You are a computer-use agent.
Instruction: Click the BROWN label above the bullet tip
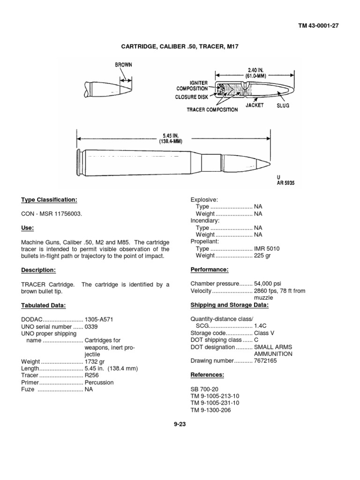click(x=124, y=65)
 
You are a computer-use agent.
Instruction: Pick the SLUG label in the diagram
click(x=283, y=106)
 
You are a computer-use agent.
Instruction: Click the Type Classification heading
click(x=49, y=200)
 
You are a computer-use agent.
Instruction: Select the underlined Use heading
click(x=28, y=228)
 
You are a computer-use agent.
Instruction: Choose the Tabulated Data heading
click(x=44, y=306)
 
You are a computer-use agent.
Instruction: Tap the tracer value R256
click(x=92, y=376)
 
